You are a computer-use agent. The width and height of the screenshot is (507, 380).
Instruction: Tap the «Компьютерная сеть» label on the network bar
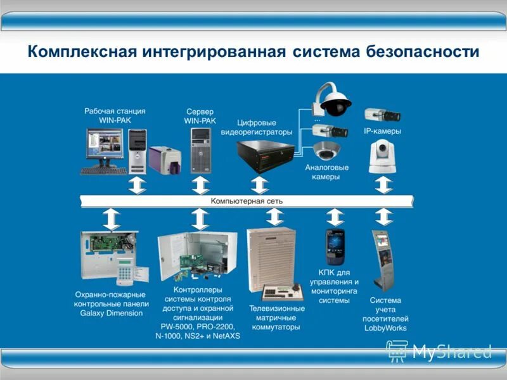coord(247,201)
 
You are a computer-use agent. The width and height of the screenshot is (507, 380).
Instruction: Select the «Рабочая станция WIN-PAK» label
coord(115,115)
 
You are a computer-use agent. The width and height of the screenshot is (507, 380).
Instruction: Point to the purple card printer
coord(164,159)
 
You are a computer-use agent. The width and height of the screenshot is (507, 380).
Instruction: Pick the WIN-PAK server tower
coord(200,150)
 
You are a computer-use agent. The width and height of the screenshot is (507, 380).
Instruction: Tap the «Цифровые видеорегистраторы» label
coord(257,127)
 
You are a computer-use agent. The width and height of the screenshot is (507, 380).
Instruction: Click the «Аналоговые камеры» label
coord(327,172)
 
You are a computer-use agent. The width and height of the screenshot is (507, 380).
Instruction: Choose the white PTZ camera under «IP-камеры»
coord(383,156)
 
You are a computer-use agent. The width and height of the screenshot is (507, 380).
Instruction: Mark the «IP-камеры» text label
coord(382,131)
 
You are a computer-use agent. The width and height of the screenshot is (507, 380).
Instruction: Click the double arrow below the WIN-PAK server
coord(200,186)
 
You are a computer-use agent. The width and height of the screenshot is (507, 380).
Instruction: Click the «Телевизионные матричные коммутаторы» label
coord(276,318)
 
